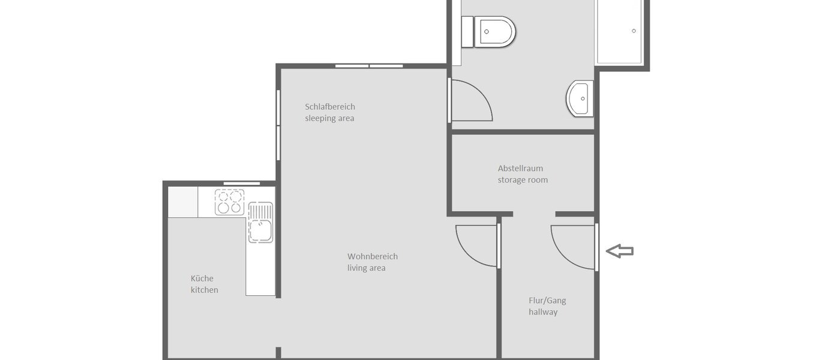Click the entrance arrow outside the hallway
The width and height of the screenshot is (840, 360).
tap(620, 251)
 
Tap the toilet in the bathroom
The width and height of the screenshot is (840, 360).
tap(494, 31)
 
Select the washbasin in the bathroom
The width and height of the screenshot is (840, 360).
tap(580, 98)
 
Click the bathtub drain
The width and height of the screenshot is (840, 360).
tap(634, 31)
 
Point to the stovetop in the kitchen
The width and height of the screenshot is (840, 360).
tap(230, 202)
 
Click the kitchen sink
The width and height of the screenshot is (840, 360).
tap(260, 222)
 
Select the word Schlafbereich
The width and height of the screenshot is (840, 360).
tap(330, 107)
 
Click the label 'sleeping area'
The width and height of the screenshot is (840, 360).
tap(329, 118)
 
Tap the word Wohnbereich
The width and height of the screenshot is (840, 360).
tap(373, 256)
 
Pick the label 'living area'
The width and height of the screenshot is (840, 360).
tap(366, 268)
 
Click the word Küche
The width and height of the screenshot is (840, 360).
tap(202, 278)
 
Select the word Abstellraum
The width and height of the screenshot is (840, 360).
tap(520, 168)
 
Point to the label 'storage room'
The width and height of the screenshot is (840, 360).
tap(523, 179)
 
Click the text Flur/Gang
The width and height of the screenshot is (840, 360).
tap(547, 301)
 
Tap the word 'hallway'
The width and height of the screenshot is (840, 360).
tap(543, 312)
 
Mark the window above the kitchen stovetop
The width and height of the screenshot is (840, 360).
tap(242, 183)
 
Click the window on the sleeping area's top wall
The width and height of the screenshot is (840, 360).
tap(369, 65)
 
